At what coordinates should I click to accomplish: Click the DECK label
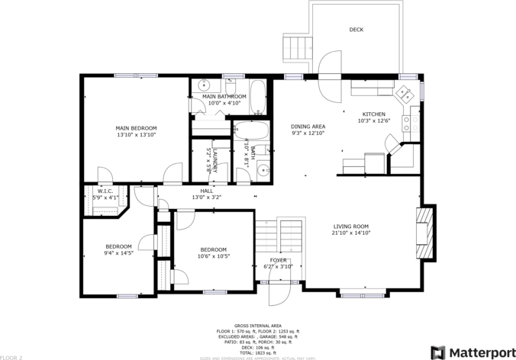pyautogui.click(x=356, y=30)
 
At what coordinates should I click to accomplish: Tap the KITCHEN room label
pyautogui.click(x=374, y=114)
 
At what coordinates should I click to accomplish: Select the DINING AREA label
pyautogui.click(x=308, y=127)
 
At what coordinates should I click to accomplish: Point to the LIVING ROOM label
pyautogui.click(x=351, y=227)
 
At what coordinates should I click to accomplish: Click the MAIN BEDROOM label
pyautogui.click(x=136, y=128)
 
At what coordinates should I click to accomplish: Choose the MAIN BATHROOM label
pyautogui.click(x=224, y=96)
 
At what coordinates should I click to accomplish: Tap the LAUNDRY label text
pyautogui.click(x=216, y=160)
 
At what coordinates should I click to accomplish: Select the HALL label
pyautogui.click(x=207, y=191)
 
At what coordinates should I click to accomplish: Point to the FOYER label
pyautogui.click(x=278, y=260)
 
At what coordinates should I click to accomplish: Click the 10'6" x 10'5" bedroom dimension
pyautogui.click(x=214, y=256)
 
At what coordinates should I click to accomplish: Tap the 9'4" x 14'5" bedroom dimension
pyautogui.click(x=119, y=252)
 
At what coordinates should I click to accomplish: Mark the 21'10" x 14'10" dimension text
pyautogui.click(x=351, y=233)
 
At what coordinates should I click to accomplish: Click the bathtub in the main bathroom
pyautogui.click(x=257, y=96)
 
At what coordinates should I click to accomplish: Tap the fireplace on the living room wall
pyautogui.click(x=423, y=234)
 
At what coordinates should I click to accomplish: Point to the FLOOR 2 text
pyautogui.click(x=12, y=356)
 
